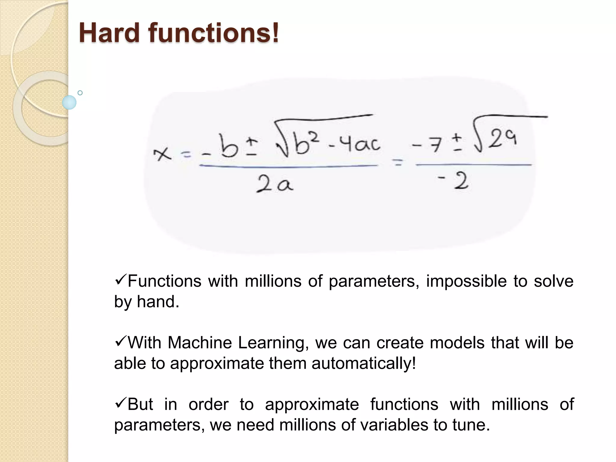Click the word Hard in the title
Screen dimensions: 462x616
click(109, 33)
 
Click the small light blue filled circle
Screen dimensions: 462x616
click(69, 102)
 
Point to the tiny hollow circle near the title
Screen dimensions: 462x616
click(80, 93)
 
